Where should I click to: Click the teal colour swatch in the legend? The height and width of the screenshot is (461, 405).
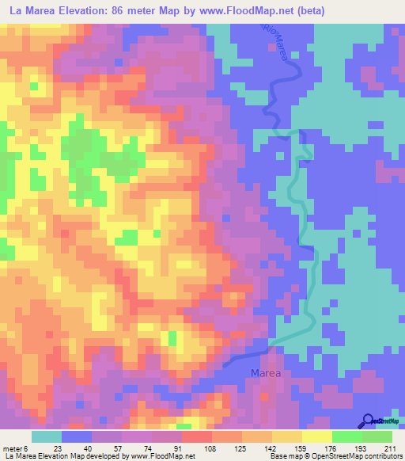click(46, 436)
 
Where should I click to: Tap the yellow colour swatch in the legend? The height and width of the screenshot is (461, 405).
click(316, 436)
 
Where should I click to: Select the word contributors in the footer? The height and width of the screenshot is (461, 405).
click(377, 456)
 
